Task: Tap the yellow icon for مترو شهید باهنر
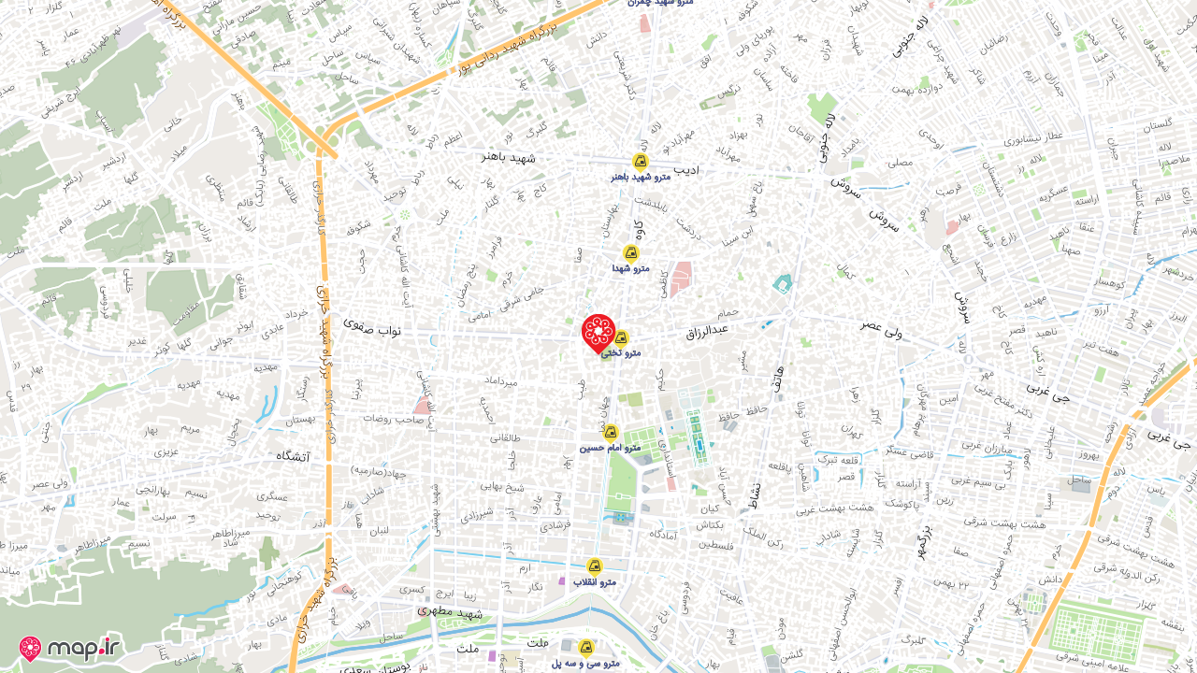coord(641,161)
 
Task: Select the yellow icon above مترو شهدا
coord(631,252)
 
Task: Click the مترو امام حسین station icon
coord(611,432)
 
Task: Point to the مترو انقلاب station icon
coord(594,566)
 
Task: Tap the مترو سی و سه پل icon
coord(586,647)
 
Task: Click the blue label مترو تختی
coord(621,353)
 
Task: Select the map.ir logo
coord(71,648)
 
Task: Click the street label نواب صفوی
coord(371,323)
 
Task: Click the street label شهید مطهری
coord(452,614)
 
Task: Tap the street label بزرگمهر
coord(923,540)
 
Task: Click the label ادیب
coord(687,170)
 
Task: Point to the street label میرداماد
coord(496,381)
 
